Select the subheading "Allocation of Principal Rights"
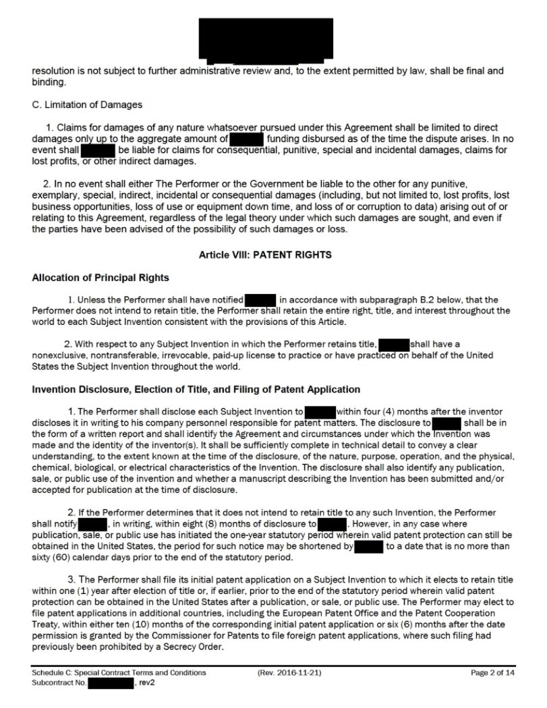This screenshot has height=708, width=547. click(100, 278)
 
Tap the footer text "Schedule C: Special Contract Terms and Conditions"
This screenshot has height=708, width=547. click(119, 672)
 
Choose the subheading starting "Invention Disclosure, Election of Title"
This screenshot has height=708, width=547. click(196, 389)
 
